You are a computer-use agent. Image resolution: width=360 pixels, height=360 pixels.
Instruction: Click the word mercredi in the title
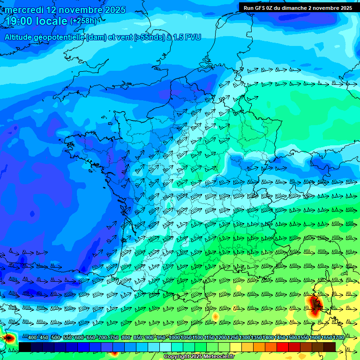(x=24, y=10)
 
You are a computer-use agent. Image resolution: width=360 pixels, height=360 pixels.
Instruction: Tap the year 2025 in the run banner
(x=345, y=7)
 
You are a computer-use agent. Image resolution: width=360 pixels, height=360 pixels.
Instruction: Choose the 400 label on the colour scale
(x=32, y=337)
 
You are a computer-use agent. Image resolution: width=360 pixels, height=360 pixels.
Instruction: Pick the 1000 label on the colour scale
(x=174, y=337)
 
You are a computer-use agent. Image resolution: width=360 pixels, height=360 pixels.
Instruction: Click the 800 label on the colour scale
(x=126, y=337)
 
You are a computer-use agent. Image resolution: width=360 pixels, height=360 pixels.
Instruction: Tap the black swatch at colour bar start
(x=24, y=347)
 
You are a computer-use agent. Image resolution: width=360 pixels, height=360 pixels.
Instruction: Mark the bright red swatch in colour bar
(x=283, y=347)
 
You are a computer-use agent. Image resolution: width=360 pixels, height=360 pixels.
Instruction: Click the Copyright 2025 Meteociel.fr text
(x=199, y=357)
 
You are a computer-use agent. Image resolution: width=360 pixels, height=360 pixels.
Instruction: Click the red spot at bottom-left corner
(x=8, y=337)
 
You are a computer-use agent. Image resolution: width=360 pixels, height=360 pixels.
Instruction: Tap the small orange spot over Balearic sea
(x=215, y=317)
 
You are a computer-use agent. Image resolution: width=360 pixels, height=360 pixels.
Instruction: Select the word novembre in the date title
(x=80, y=10)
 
